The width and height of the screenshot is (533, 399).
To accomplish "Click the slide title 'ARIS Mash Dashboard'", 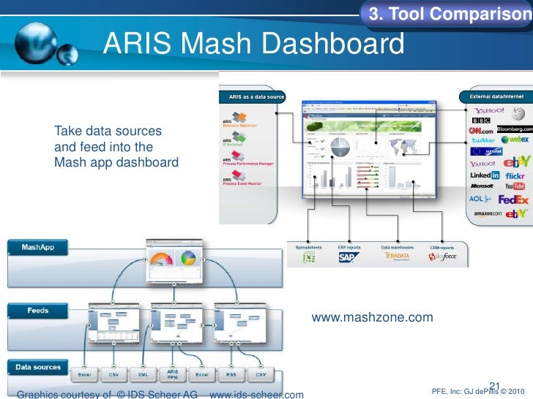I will (x=253, y=45).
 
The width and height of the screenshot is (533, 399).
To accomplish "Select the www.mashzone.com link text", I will (x=372, y=318).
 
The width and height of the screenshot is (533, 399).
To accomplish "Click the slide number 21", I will (x=493, y=386).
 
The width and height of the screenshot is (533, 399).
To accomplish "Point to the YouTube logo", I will (x=514, y=186).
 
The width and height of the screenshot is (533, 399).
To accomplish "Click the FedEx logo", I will (x=513, y=199).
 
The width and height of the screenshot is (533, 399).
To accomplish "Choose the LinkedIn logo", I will (x=485, y=175).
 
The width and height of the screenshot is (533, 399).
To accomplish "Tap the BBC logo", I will (x=481, y=121).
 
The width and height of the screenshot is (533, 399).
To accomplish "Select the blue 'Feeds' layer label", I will (x=38, y=311).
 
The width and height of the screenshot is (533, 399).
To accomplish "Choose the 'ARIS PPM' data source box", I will (x=173, y=373).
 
